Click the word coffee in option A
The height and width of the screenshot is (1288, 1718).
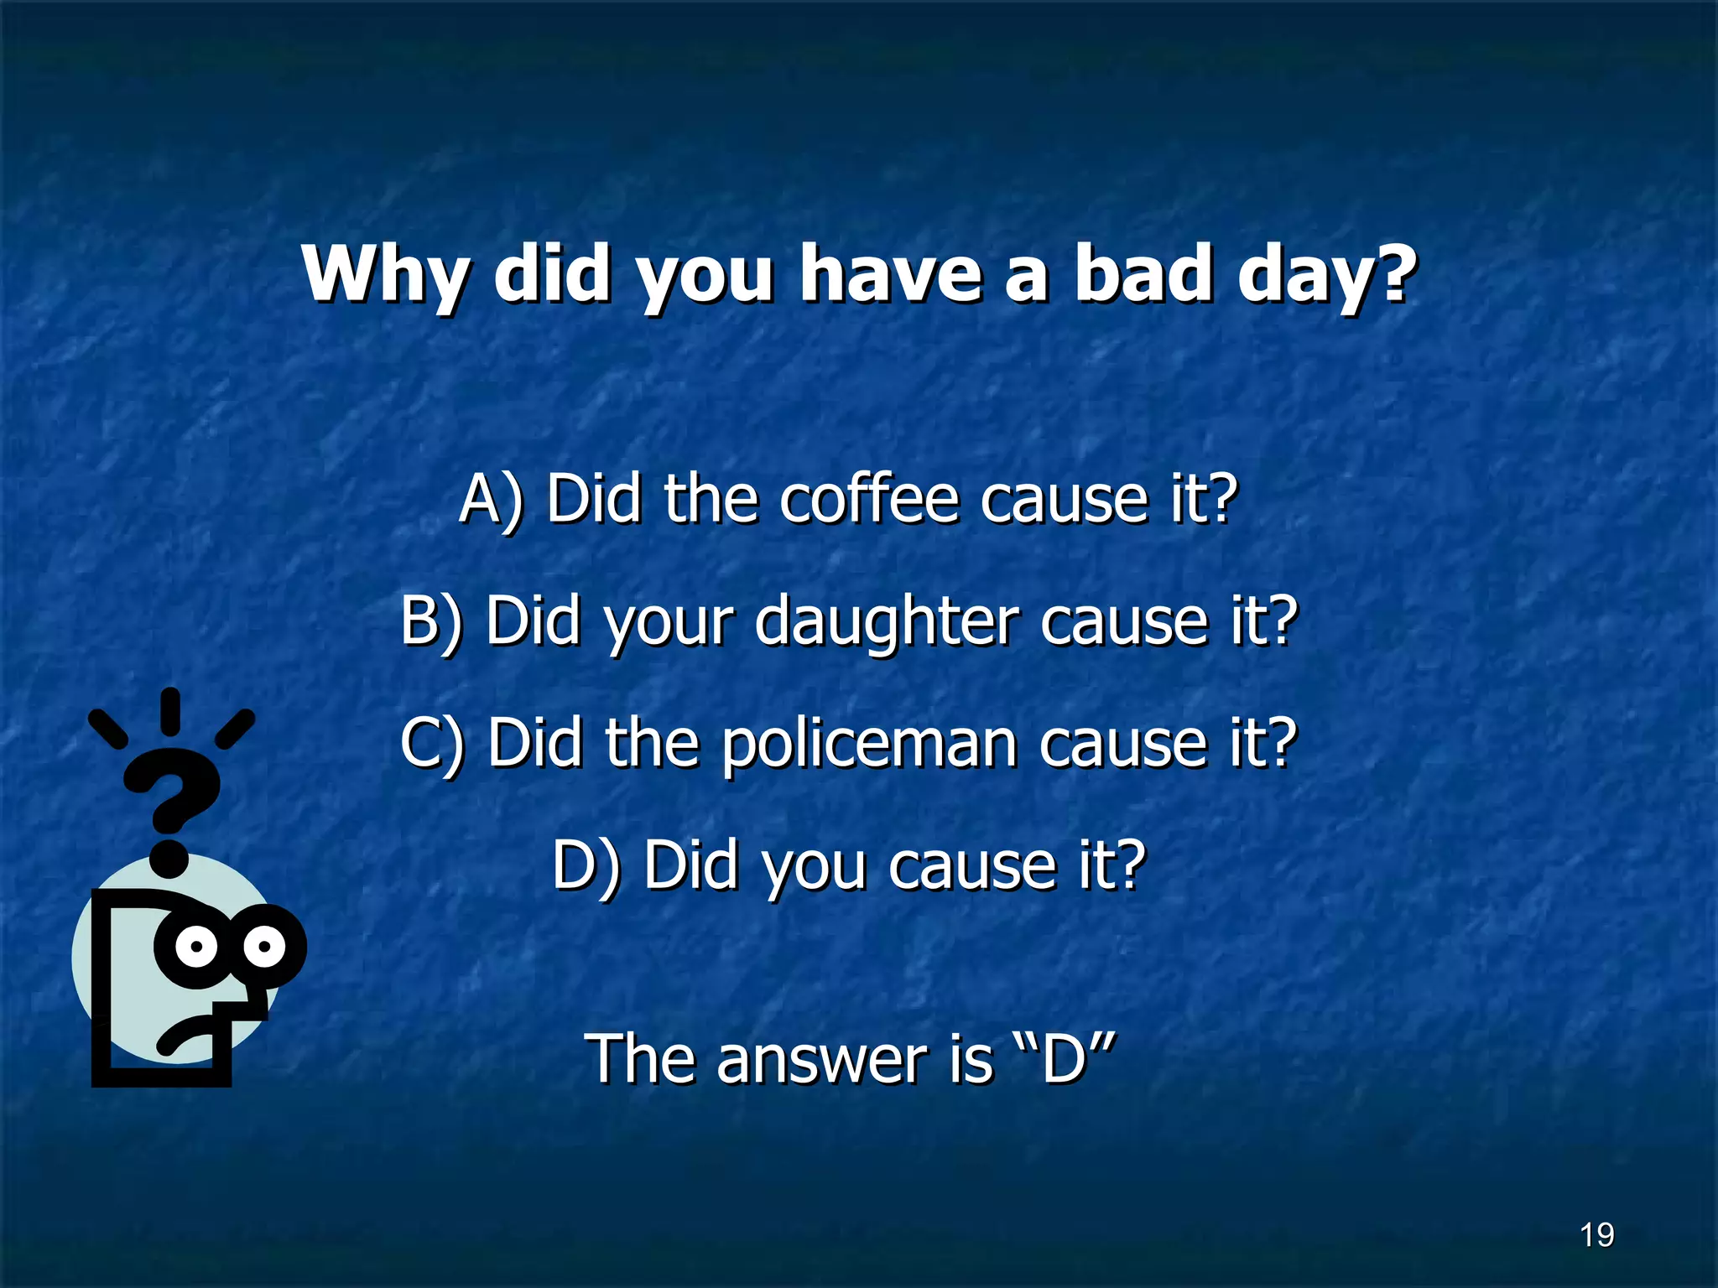[x=868, y=500]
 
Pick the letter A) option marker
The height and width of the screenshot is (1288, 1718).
[x=491, y=500]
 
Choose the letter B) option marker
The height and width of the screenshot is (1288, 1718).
[x=431, y=621]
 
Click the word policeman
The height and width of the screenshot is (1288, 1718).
[x=869, y=745]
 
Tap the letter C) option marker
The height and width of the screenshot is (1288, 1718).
[x=431, y=744]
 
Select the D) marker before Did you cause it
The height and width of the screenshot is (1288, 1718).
[x=586, y=865]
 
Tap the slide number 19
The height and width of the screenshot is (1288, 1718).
[x=1596, y=1235]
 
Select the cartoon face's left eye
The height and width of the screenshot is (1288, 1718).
[x=197, y=947]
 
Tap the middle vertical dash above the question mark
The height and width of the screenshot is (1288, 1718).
[x=170, y=710]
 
